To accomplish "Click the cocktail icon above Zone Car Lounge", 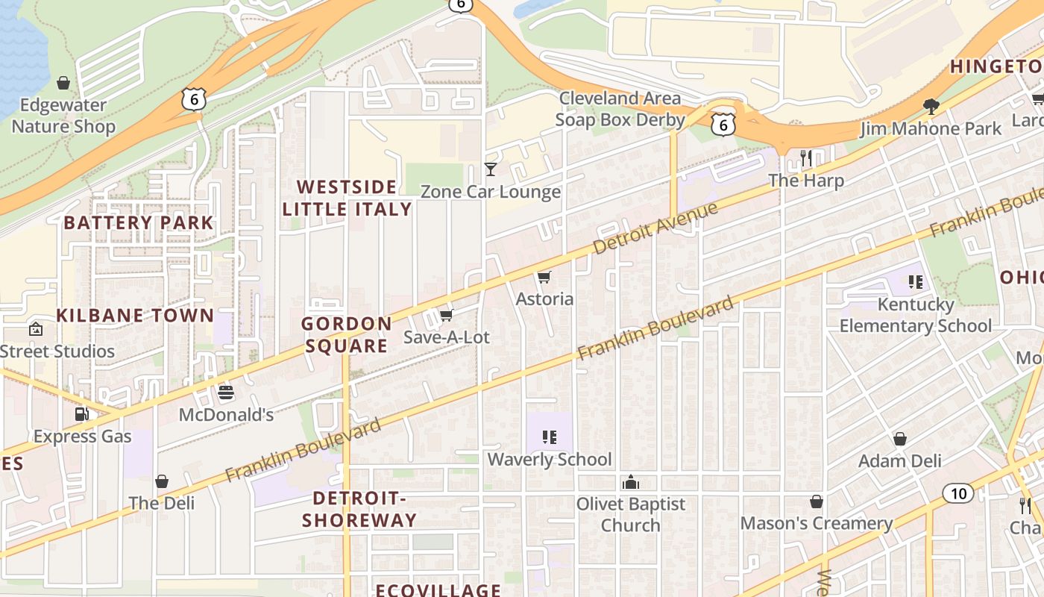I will click(491, 169).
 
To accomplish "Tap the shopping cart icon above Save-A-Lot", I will click(446, 316).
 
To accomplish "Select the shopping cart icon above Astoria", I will click(544, 278).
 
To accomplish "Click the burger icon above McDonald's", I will click(226, 393).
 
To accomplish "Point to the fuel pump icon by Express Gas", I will click(81, 414).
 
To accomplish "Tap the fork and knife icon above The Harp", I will click(806, 158).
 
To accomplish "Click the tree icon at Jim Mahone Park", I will click(931, 106).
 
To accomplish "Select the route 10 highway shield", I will click(958, 493).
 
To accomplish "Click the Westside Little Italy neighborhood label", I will click(347, 198).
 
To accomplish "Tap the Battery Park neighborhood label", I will click(139, 222).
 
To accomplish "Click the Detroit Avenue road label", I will click(656, 228).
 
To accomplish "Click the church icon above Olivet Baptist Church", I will click(631, 482).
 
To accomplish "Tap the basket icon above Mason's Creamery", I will click(817, 501).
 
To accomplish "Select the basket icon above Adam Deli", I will click(900, 439).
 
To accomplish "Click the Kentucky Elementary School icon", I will click(916, 282).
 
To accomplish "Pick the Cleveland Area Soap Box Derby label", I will click(620, 109).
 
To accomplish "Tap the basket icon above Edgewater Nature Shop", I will click(63, 83).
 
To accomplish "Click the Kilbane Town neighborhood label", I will click(135, 315).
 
